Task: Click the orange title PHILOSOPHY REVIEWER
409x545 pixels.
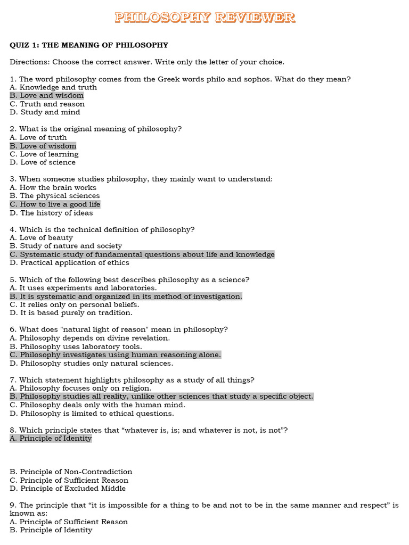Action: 204,18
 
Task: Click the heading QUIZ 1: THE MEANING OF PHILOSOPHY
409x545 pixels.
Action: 89,45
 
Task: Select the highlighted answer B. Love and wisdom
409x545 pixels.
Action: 47,96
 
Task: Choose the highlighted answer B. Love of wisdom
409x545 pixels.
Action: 43,146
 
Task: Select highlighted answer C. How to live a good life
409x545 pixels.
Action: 55,204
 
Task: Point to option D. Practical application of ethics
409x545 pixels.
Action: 69,262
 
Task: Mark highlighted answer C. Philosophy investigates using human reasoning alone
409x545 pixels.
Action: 115,354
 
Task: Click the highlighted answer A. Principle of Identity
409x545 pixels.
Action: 51,439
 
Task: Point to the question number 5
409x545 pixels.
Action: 12,279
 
